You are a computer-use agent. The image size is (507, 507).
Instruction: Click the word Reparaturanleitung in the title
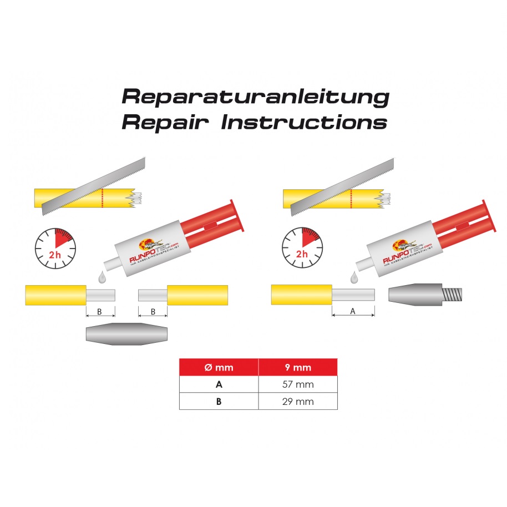coord(255,96)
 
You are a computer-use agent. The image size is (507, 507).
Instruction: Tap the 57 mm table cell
coord(297,384)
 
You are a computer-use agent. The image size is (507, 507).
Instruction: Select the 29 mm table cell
coord(297,402)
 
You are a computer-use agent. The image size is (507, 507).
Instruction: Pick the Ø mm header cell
coord(219,367)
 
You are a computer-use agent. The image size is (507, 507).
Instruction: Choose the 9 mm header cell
coord(297,367)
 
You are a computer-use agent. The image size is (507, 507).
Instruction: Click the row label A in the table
coord(219,384)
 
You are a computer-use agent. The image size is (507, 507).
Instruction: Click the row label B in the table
coord(219,402)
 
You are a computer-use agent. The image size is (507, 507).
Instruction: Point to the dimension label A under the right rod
coord(353,312)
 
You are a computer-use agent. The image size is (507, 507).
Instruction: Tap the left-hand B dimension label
coord(100,312)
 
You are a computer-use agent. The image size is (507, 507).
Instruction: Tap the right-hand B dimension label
coord(153,312)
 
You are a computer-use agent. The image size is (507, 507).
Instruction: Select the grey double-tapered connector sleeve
coord(126,333)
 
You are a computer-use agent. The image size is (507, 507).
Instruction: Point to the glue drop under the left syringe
coord(101,276)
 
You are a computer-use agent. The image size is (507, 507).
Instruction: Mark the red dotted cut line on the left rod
coord(103,197)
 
